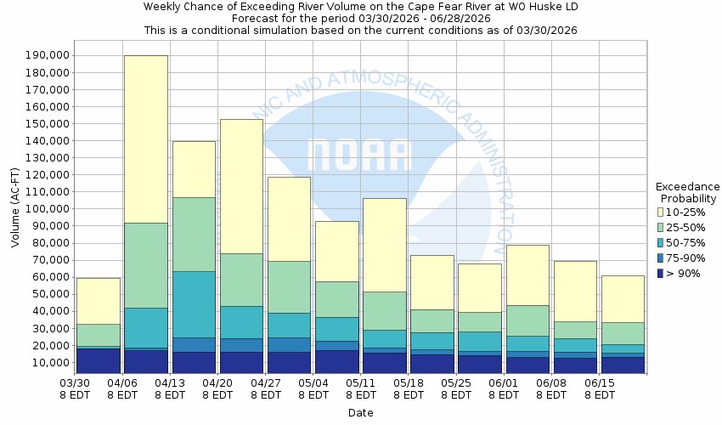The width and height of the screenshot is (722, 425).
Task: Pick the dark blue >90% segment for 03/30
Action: (x=98, y=360)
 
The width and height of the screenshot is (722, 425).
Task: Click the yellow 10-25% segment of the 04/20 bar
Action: (x=241, y=186)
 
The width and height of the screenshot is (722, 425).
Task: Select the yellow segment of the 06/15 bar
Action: (x=623, y=298)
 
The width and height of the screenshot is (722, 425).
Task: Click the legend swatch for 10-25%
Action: (x=661, y=211)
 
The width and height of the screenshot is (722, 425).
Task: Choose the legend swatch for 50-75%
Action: (x=661, y=242)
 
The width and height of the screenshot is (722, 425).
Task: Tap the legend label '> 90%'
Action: (x=684, y=273)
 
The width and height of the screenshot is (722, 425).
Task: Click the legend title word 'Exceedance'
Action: (x=687, y=187)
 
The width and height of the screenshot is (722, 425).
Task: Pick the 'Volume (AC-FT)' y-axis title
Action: (x=15, y=209)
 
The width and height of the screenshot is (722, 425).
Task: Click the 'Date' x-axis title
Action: (x=360, y=413)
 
